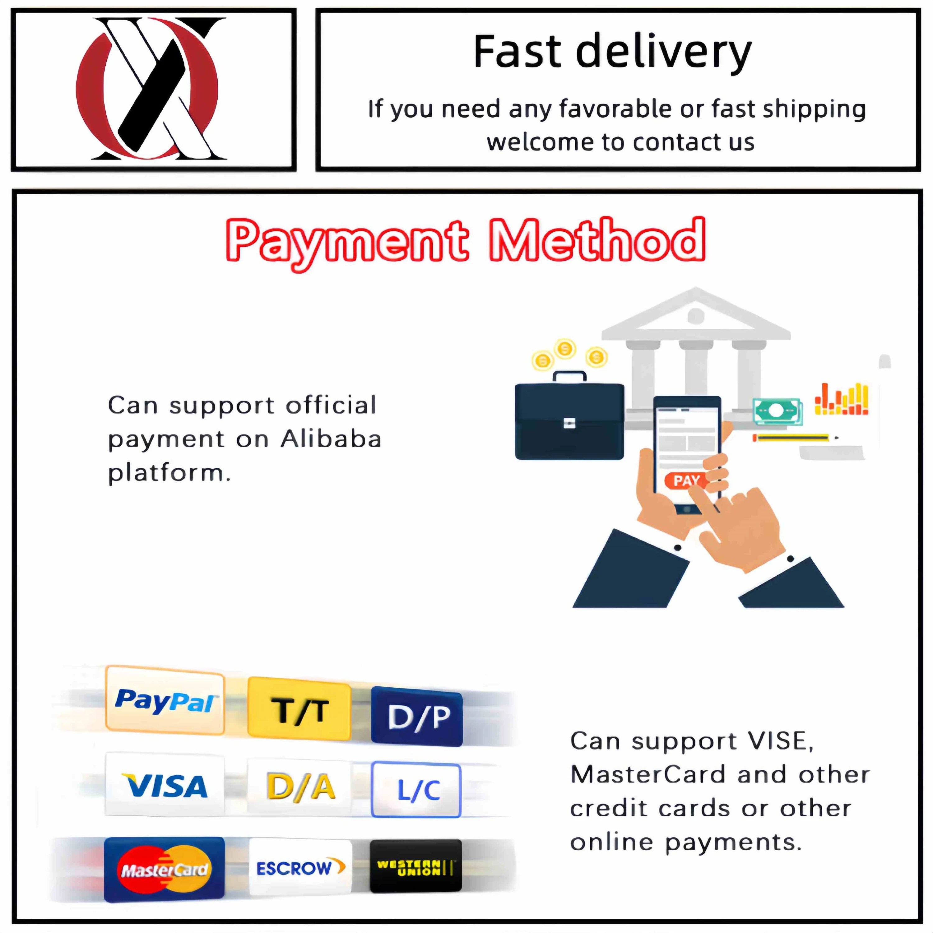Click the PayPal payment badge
(x=165, y=700)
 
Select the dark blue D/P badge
(x=417, y=717)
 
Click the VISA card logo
(x=165, y=786)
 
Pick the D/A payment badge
(x=300, y=787)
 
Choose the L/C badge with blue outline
(x=416, y=790)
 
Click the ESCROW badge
(x=300, y=868)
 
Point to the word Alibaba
(x=331, y=439)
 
